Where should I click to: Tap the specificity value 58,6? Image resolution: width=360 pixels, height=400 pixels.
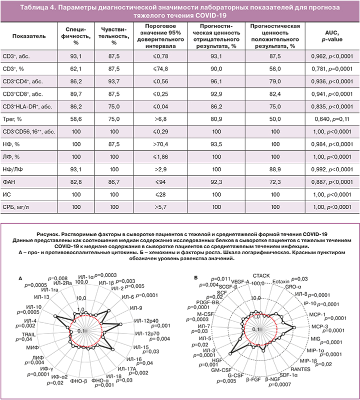[76, 119]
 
